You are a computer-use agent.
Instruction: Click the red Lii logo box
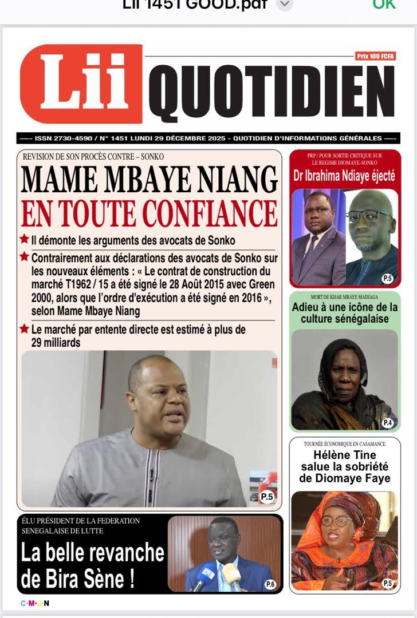coord(81,84)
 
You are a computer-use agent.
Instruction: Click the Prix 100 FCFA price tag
coord(376,56)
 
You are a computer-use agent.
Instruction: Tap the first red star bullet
coord(24,239)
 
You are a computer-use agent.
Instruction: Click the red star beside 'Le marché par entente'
coord(24,329)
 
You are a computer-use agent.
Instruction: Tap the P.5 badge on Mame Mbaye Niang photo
coord(267,497)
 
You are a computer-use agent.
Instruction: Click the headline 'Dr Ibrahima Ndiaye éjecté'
coord(344,176)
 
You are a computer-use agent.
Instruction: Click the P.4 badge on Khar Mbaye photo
coord(388,423)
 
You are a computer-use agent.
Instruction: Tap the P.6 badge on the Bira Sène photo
coord(270,584)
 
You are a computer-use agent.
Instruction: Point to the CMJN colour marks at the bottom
coord(35,603)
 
